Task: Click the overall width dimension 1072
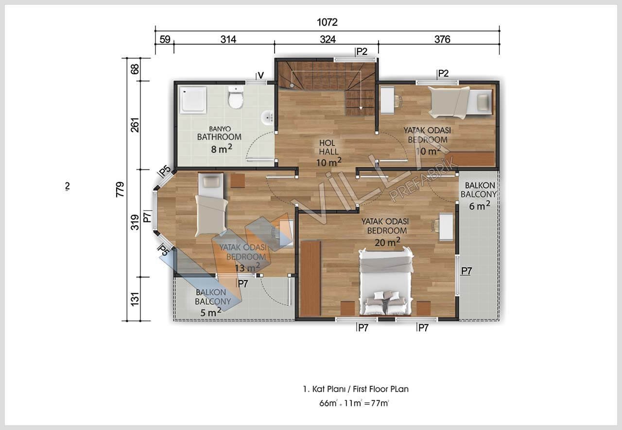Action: pyautogui.click(x=327, y=22)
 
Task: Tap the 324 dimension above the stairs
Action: pyautogui.click(x=328, y=39)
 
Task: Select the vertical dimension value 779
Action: pyautogui.click(x=120, y=189)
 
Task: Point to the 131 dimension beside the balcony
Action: pyautogui.click(x=135, y=299)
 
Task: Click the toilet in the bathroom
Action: pyautogui.click(x=236, y=97)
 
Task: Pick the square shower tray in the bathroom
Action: pyautogui.click(x=193, y=100)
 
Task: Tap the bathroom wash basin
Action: pyautogui.click(x=267, y=118)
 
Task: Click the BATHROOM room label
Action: pyautogui.click(x=219, y=137)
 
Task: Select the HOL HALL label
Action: pyautogui.click(x=329, y=148)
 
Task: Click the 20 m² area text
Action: pyautogui.click(x=387, y=242)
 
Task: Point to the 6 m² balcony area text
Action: pyautogui.click(x=480, y=206)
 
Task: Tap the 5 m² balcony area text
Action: pyautogui.click(x=211, y=313)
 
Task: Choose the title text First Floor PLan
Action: pyautogui.click(x=380, y=389)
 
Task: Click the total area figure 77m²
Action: pyautogui.click(x=380, y=403)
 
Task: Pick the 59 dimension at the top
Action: pyautogui.click(x=165, y=39)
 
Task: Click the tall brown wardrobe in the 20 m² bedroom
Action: pyautogui.click(x=311, y=278)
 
